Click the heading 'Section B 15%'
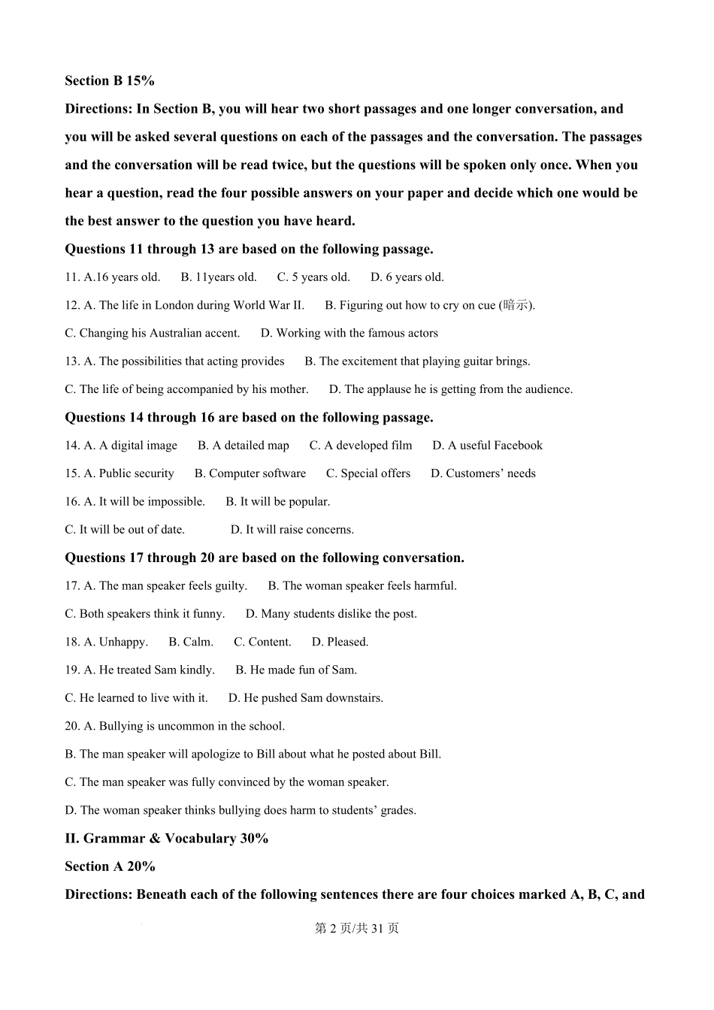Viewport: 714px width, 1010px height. pyautogui.click(x=110, y=81)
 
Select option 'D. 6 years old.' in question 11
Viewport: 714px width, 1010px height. pyautogui.click(x=407, y=277)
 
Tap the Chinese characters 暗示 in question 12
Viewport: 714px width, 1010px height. pyautogui.click(x=516, y=305)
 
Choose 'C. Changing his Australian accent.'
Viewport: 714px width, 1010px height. pyautogui.click(x=153, y=333)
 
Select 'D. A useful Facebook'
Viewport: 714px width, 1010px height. pyautogui.click(x=487, y=446)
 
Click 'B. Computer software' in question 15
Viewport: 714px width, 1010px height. pyautogui.click(x=250, y=473)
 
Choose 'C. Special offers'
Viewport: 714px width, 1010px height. pyautogui.click(x=368, y=473)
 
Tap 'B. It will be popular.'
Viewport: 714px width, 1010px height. pyautogui.click(x=278, y=501)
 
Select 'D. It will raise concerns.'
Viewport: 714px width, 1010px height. pyautogui.click(x=292, y=530)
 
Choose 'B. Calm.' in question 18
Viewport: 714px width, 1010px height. pyautogui.click(x=191, y=642)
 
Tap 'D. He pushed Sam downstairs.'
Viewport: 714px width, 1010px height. pyautogui.click(x=306, y=698)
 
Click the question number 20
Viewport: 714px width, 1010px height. pyautogui.click(x=72, y=726)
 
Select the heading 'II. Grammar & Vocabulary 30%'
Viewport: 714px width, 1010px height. pyautogui.click(x=167, y=839)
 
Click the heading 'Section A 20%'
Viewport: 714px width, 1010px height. pyautogui.click(x=110, y=866)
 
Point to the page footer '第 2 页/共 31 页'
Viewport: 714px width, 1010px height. pyautogui.click(x=357, y=928)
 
